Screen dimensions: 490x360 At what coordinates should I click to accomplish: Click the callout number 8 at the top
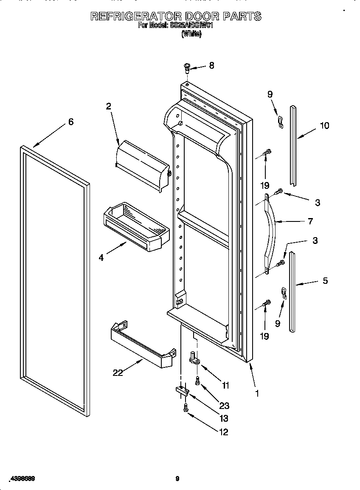click(211, 65)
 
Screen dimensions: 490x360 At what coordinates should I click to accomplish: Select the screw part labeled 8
click(186, 67)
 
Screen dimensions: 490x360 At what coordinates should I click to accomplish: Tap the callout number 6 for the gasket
click(71, 122)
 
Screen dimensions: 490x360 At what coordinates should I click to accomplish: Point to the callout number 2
click(109, 106)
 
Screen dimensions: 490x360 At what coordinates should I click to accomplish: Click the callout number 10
click(324, 126)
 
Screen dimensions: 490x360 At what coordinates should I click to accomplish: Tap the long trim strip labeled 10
click(293, 144)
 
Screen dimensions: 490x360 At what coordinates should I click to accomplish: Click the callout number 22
click(118, 373)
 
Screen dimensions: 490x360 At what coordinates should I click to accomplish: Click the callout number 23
click(224, 406)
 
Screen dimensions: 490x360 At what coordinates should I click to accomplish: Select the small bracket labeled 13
click(181, 391)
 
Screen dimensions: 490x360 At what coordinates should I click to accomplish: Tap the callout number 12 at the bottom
click(223, 432)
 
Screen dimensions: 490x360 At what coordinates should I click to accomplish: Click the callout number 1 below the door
click(256, 393)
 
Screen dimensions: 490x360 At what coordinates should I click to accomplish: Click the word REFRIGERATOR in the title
click(135, 17)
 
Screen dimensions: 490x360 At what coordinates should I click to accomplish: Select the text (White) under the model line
click(191, 35)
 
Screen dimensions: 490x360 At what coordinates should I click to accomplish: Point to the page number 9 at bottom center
click(177, 479)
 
